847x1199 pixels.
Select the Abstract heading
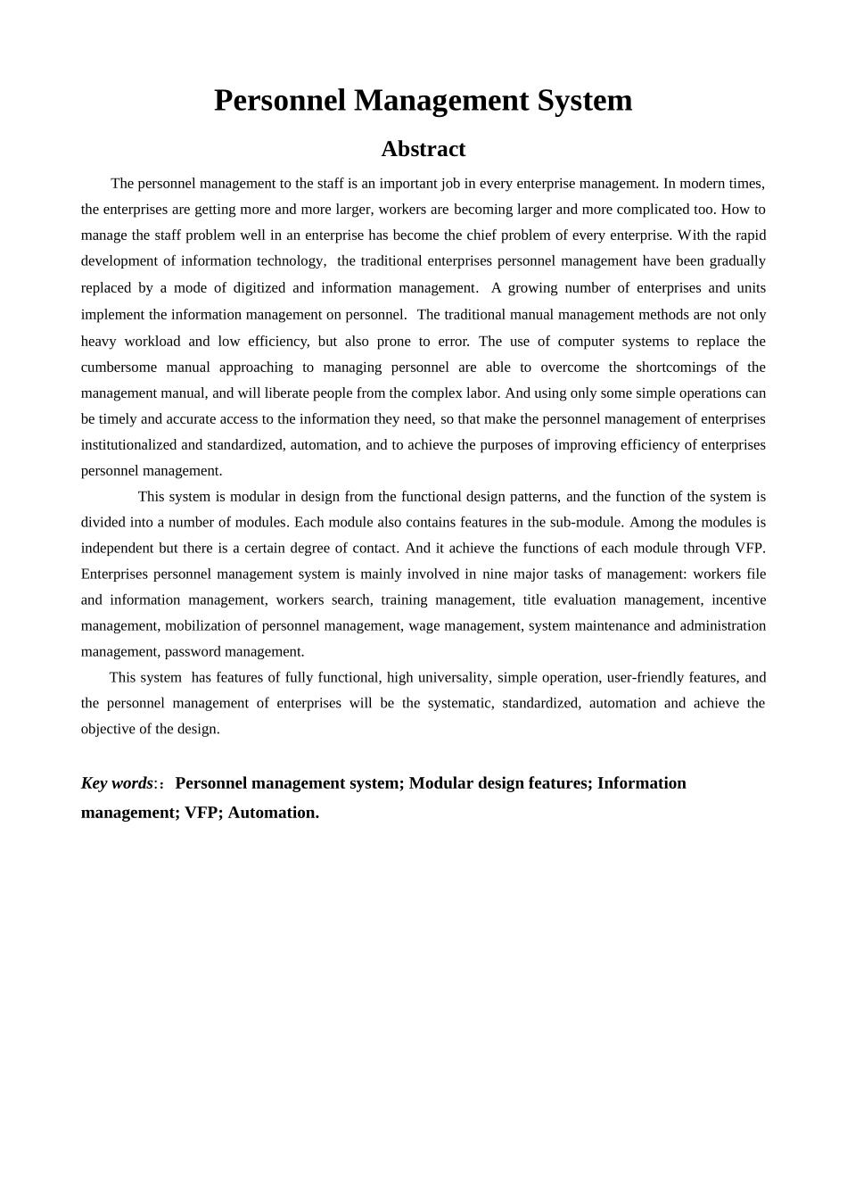coord(423,149)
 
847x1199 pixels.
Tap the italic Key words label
coord(117,783)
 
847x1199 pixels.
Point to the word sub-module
coord(588,523)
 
